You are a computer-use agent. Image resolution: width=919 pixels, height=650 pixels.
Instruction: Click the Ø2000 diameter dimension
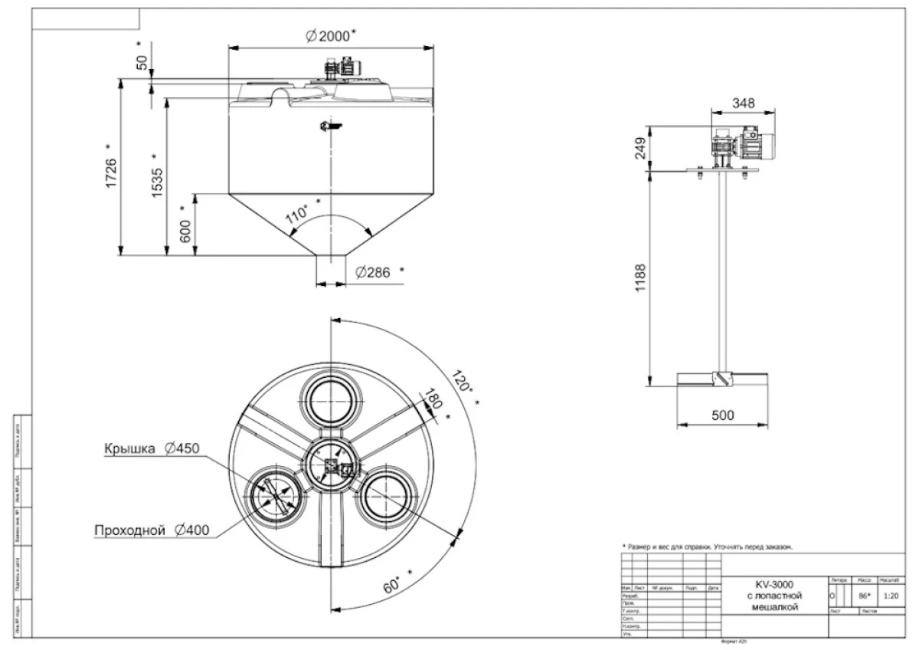click(x=331, y=36)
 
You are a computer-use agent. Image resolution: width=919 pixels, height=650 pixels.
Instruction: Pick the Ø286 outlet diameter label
click(x=374, y=272)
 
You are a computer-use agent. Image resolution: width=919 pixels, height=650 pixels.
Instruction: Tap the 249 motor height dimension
click(x=641, y=148)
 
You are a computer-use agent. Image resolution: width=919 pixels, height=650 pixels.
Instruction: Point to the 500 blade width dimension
click(x=722, y=415)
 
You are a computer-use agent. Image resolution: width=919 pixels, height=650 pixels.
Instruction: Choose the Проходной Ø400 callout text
click(x=152, y=530)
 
